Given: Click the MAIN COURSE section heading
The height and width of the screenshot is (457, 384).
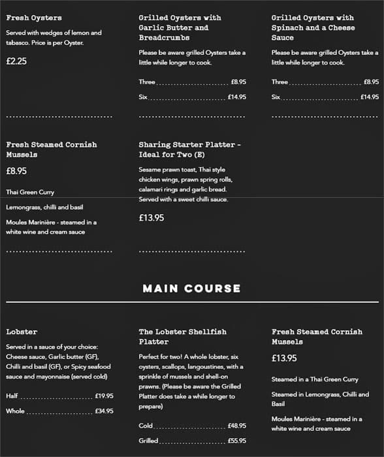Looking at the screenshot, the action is click(191, 289).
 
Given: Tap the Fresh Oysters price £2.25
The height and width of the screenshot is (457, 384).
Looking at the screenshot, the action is click(16, 61).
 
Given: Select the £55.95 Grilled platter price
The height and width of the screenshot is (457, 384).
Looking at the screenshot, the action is click(236, 441).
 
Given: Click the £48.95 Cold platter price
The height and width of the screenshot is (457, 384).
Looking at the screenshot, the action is click(236, 426).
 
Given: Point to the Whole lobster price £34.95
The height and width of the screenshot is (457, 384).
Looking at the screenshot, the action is click(104, 411).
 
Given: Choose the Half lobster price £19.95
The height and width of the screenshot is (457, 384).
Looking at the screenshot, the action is click(104, 396).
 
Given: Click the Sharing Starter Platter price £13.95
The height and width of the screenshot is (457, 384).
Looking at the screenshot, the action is click(152, 218).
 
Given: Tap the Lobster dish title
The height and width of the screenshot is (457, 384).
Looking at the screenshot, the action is click(22, 332).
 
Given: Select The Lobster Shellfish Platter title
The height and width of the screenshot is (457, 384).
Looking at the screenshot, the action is click(182, 336).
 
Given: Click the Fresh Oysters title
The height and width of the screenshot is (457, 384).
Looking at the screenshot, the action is click(34, 18).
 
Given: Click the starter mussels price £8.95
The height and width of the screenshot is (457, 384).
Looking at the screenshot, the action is click(16, 170).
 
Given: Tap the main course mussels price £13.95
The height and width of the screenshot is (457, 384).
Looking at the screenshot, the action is click(284, 358).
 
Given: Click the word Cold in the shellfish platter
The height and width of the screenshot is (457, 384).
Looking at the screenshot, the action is click(146, 426).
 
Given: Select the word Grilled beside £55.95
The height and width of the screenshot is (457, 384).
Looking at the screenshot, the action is click(148, 441).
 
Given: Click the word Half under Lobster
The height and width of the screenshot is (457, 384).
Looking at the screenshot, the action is click(12, 396).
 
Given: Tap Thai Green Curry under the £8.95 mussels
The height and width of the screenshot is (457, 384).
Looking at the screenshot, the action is click(30, 193).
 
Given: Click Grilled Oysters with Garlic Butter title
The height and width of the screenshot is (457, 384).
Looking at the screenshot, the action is click(180, 28).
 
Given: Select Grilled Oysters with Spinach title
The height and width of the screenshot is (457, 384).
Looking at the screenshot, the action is click(313, 28).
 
